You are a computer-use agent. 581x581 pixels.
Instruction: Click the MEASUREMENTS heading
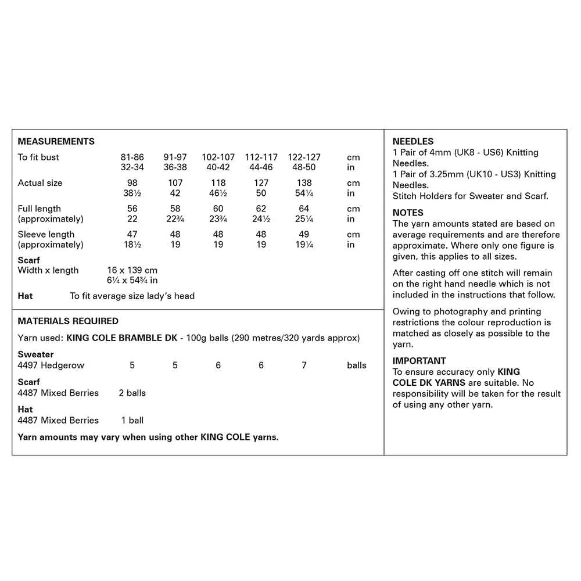(56, 141)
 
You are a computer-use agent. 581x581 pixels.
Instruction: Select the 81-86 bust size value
(132, 157)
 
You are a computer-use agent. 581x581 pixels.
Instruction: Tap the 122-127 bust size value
(304, 157)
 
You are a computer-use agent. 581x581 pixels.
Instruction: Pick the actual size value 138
(304, 183)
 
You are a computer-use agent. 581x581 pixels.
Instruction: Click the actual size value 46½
(218, 193)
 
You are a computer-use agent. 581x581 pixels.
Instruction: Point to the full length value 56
(132, 209)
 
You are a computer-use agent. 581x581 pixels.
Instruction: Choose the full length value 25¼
(304, 219)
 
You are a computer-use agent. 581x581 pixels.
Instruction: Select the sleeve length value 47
(132, 235)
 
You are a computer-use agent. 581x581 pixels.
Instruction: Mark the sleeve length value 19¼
(304, 245)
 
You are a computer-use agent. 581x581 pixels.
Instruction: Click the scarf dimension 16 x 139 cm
(132, 271)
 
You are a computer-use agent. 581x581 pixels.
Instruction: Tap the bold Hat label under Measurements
(26, 296)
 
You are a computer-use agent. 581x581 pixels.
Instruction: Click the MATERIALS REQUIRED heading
(68, 321)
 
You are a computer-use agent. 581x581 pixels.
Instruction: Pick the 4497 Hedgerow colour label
(51, 365)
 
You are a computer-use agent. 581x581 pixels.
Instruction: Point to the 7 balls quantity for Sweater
(304, 365)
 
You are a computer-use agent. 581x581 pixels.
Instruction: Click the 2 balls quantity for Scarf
(132, 393)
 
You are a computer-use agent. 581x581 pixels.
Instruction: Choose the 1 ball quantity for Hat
(132, 420)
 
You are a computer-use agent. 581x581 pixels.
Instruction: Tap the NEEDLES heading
(413, 141)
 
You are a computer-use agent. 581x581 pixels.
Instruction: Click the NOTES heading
(408, 213)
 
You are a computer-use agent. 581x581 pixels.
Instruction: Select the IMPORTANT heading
(419, 361)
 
